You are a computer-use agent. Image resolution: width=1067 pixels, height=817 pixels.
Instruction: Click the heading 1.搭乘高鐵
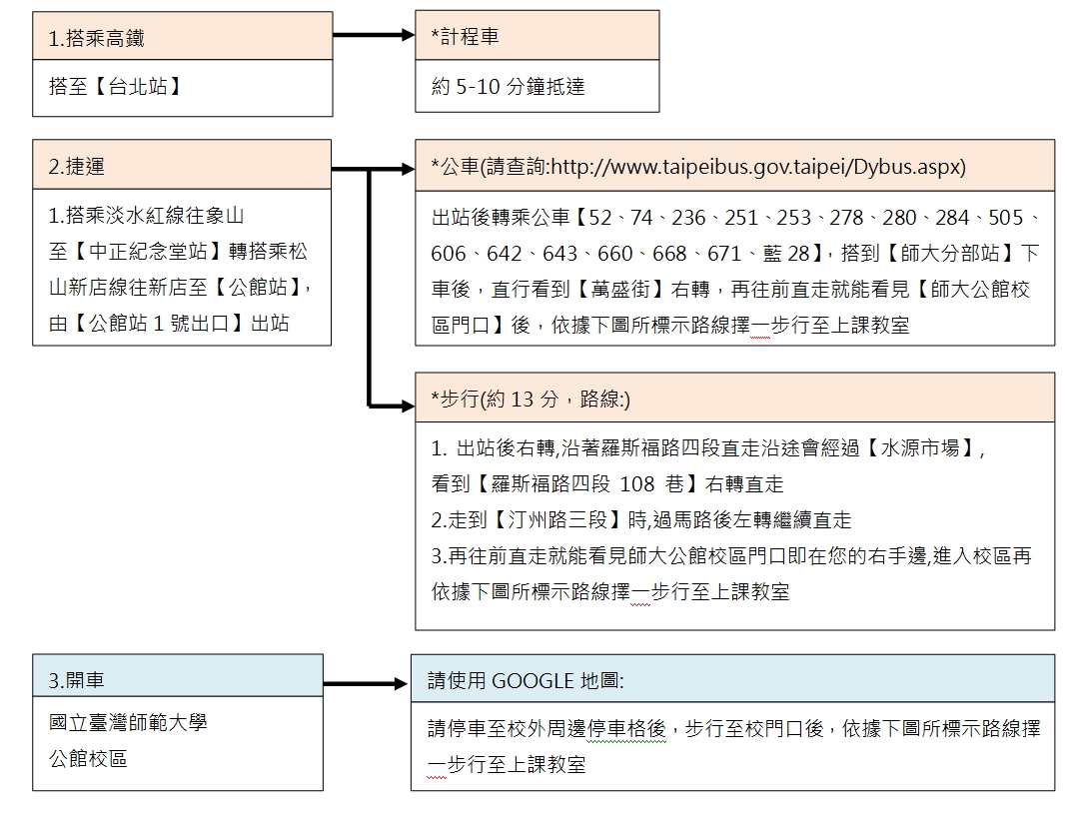(96, 38)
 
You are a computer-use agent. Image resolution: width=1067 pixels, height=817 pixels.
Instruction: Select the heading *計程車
(465, 36)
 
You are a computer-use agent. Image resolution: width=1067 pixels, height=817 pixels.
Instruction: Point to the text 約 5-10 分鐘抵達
(508, 86)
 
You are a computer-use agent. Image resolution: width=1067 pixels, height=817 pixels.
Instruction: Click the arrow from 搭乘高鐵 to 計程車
(374, 35)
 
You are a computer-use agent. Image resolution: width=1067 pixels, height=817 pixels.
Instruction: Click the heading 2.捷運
(76, 167)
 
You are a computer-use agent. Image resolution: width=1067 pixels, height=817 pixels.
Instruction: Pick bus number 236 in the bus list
(688, 218)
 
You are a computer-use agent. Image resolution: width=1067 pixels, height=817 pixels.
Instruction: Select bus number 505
(1005, 218)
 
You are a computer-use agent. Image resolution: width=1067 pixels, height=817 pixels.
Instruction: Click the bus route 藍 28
(786, 254)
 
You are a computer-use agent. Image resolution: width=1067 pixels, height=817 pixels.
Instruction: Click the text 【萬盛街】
(620, 290)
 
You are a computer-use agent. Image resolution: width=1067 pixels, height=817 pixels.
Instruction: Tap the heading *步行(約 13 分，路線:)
(531, 400)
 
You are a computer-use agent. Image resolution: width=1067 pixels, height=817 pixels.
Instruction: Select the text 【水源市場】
(921, 448)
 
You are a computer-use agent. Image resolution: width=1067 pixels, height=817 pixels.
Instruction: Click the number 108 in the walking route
(637, 484)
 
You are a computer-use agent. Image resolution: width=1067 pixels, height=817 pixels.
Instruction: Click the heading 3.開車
(76, 680)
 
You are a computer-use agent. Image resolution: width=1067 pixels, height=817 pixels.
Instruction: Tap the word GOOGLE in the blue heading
(533, 681)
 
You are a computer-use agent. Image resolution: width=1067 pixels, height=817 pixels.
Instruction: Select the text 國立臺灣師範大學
(128, 722)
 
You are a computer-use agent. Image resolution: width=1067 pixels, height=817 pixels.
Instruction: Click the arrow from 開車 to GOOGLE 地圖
(366, 684)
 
